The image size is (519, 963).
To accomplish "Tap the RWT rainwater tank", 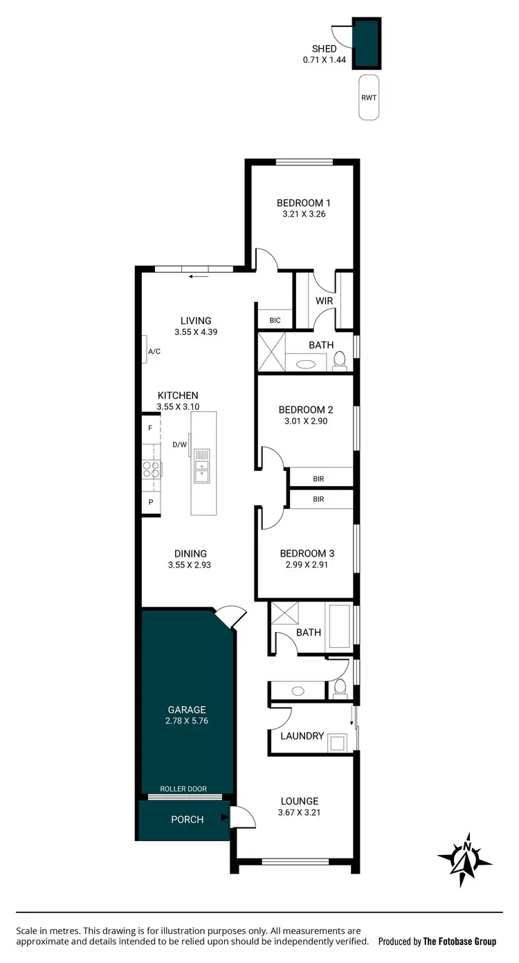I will point(369,97).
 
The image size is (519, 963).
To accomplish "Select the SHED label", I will point(324,49).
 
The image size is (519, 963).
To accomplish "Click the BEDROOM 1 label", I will point(303,203).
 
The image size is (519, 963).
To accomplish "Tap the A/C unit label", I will point(154,352).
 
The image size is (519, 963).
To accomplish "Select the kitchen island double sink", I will point(201,465).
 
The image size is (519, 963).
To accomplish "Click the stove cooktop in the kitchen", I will point(152,469).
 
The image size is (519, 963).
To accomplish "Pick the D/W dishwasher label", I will point(179,444).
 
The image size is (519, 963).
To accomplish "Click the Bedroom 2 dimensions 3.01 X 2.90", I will point(307,420).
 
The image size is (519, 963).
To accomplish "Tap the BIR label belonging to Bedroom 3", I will point(318,498).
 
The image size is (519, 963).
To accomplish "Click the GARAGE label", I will point(187,709).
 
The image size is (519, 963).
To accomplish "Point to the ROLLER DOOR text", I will point(183,789).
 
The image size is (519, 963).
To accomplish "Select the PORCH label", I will point(188,819).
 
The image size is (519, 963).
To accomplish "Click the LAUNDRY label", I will point(302,735).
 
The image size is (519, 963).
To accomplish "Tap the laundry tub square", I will point(337,743).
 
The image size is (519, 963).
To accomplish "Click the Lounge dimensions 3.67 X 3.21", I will point(300,812).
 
